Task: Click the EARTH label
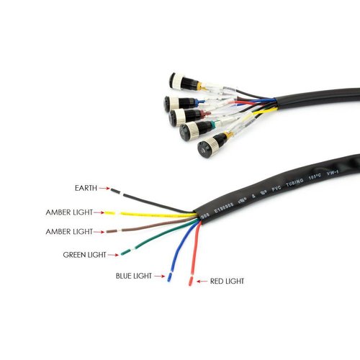click(86, 188)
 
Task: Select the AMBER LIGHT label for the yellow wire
click(73, 212)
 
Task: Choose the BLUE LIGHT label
click(133, 276)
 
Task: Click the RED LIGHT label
click(226, 280)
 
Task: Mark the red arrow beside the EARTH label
click(104, 189)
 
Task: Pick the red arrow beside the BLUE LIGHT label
click(159, 276)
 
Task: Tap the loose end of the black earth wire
click(115, 191)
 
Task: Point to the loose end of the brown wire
click(109, 232)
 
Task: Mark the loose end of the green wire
click(126, 251)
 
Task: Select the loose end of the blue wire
click(170, 276)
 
